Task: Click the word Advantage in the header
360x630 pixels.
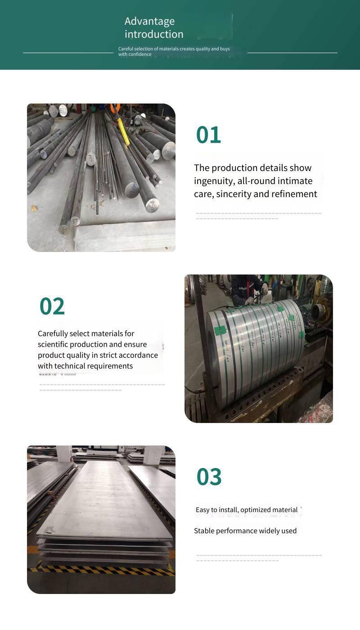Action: [149, 22]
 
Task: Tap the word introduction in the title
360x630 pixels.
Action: [154, 34]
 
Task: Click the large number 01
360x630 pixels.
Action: [208, 135]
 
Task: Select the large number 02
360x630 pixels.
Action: [52, 306]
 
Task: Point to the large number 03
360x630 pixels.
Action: [209, 477]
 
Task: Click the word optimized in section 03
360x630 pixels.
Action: [256, 510]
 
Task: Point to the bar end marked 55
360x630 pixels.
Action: [75, 220]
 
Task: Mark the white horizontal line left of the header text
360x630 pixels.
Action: [68, 53]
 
